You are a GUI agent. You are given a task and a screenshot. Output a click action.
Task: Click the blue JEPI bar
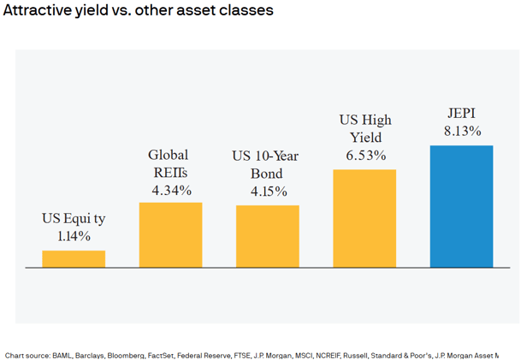[461, 206]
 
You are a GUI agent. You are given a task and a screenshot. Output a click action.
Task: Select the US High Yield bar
[364, 218]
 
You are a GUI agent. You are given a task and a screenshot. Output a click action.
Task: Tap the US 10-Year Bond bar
[268, 236]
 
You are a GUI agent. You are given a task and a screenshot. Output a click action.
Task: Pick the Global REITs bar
[170, 235]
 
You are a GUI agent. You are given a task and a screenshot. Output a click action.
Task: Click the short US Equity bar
[74, 259]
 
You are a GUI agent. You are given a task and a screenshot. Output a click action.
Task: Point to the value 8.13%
[462, 132]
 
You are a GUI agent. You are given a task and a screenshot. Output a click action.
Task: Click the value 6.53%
[365, 156]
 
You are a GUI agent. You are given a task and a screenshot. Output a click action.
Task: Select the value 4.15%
[268, 192]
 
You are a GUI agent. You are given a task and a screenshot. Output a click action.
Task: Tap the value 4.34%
[171, 189]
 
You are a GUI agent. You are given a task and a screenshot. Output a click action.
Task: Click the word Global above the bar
[169, 155]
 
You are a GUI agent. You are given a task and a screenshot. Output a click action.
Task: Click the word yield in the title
[100, 11]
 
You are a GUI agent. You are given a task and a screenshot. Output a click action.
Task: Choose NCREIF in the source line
[332, 354]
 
